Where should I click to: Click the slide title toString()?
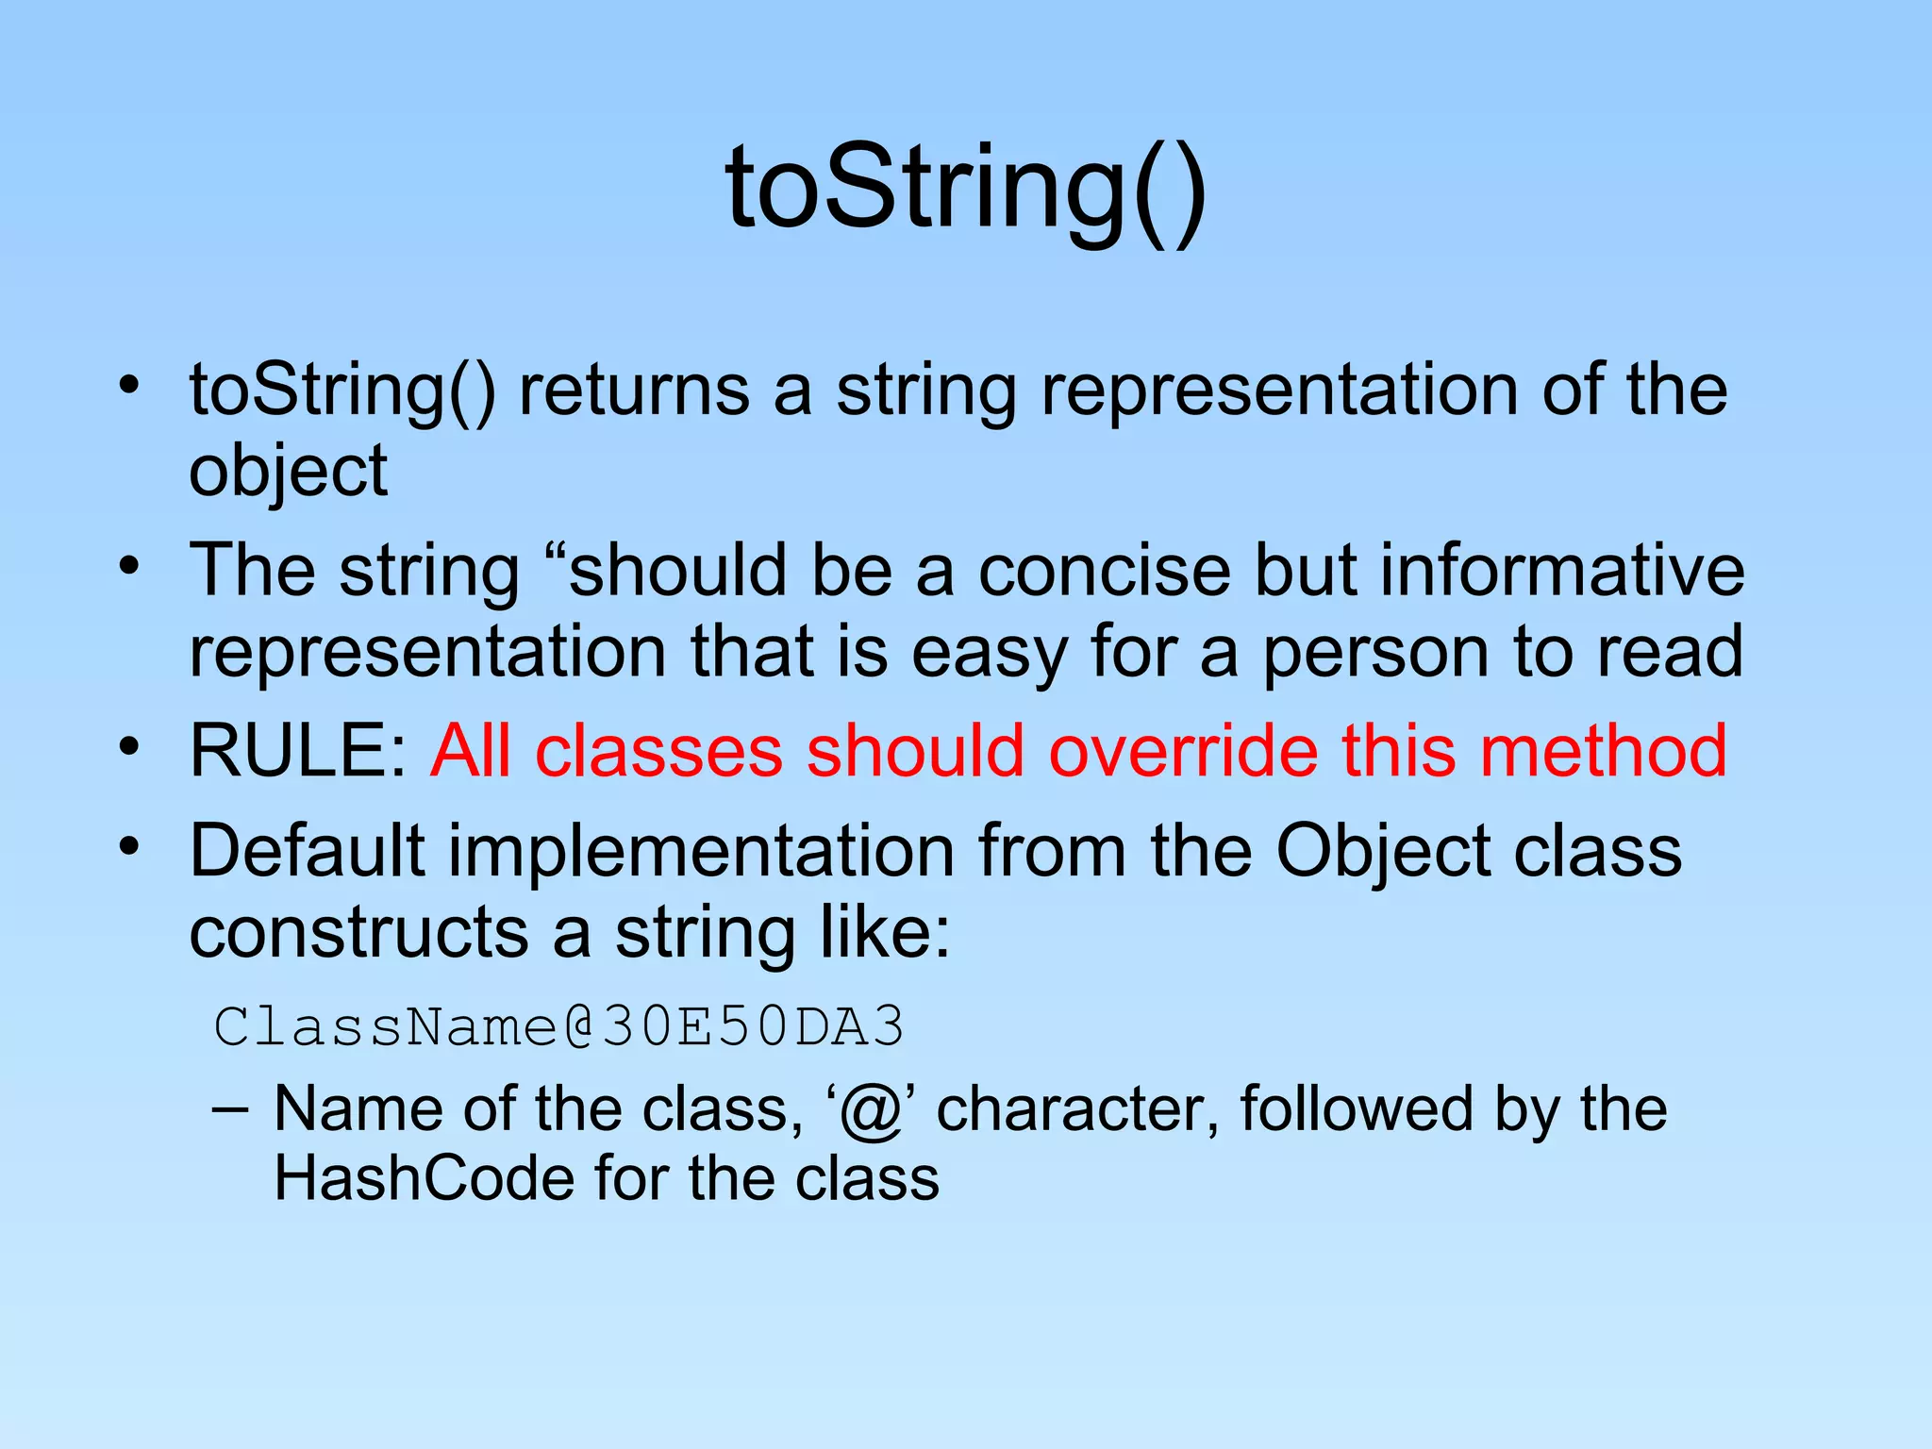[965, 189]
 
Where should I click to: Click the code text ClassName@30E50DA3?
[558, 1026]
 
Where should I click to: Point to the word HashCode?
[424, 1179]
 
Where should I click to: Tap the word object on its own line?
[288, 472]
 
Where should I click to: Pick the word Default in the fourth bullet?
[308, 851]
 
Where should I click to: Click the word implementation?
[700, 851]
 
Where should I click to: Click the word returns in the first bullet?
[634, 391]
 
